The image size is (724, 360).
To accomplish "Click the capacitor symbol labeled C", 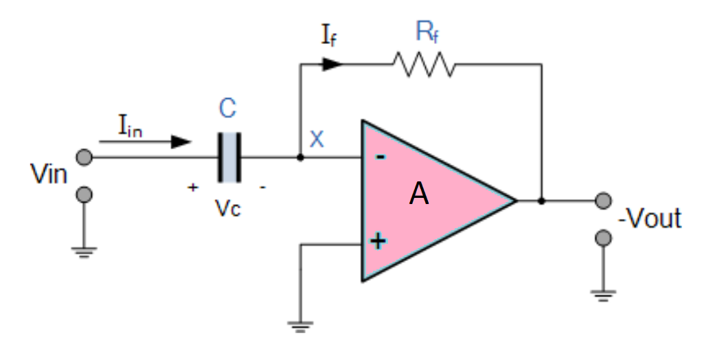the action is [x=229, y=157].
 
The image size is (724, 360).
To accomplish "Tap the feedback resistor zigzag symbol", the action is [x=423, y=64].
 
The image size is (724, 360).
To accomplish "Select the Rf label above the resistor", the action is [x=427, y=32].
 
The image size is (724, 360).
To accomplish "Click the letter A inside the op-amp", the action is [x=419, y=195].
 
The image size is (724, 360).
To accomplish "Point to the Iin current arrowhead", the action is [x=181, y=142].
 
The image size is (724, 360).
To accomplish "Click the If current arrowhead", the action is [x=332, y=64].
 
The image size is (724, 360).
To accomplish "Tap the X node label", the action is [x=316, y=139].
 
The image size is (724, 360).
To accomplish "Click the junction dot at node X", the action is [x=300, y=157].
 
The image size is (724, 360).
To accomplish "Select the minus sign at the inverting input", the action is [x=380, y=157].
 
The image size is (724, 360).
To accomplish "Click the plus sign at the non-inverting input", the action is [x=378, y=241].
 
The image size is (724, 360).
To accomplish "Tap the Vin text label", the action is [x=49, y=175].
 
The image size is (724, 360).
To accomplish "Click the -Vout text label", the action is [x=650, y=218].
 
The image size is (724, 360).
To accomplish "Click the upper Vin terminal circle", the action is [x=84, y=157].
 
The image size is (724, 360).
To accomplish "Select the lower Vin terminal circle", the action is [x=84, y=194].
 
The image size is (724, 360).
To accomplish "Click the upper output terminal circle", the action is [x=603, y=201].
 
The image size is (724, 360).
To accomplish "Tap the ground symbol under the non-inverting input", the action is [x=300, y=327].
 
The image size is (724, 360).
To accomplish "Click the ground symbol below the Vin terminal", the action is [x=84, y=253].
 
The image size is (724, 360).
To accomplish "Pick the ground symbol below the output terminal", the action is [x=603, y=295].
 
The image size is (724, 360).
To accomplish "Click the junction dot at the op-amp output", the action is [x=541, y=201].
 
